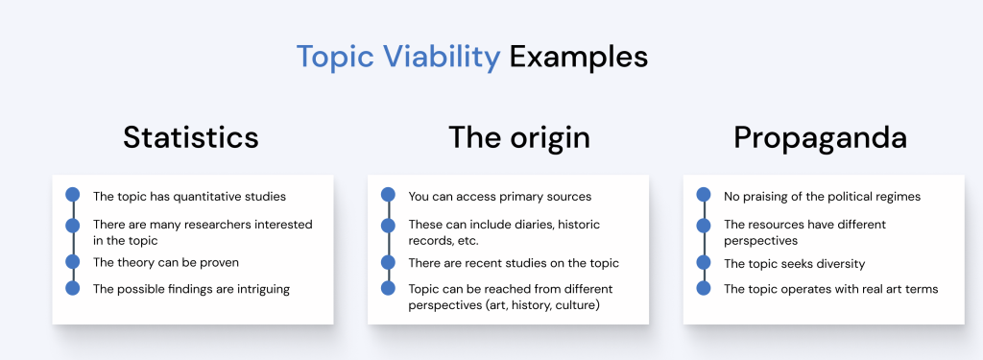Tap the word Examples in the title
[579, 57]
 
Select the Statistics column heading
[191, 137]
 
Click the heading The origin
[519, 137]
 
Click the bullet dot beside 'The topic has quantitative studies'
[73, 195]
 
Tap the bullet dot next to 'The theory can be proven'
[73, 261]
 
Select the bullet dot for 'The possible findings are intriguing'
[73, 289]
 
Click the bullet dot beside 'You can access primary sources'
[388, 195]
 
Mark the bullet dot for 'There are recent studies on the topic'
[388, 261]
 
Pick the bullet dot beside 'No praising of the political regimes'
[704, 195]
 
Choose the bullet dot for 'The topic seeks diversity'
[704, 261]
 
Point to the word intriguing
[263, 290]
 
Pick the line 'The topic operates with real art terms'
[830, 289]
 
